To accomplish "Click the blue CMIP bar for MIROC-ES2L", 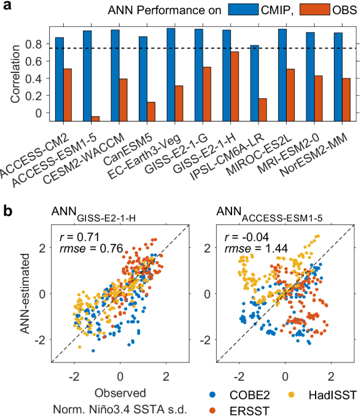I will point(282,74).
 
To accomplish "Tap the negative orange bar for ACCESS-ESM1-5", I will point(95,118).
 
